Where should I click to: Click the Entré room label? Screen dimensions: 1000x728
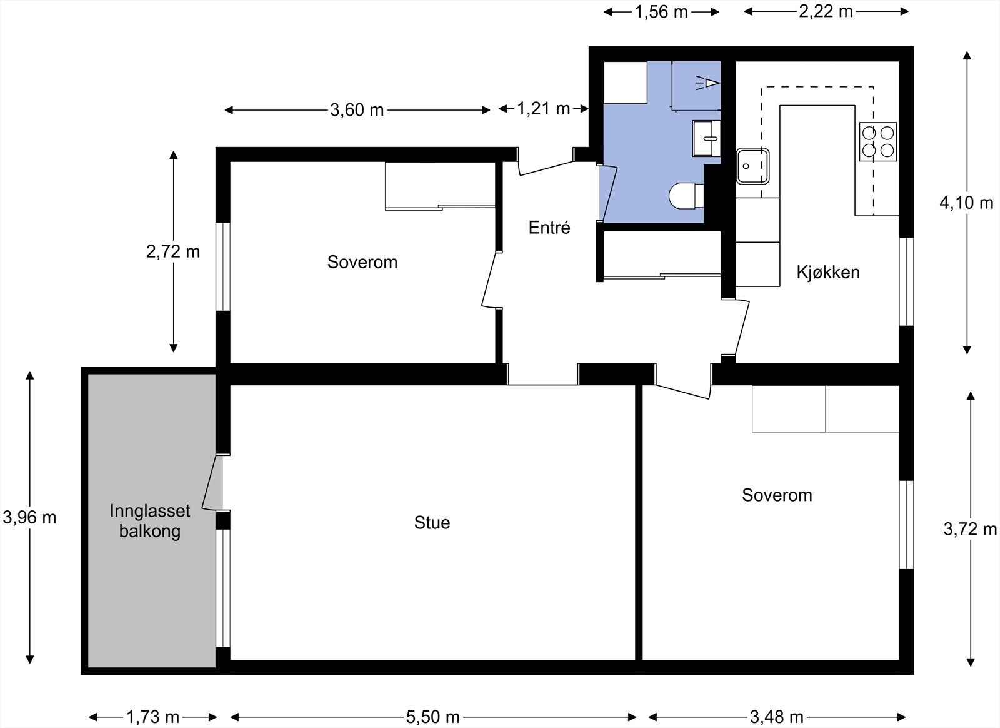(549, 228)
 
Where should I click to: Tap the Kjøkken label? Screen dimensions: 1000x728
(828, 273)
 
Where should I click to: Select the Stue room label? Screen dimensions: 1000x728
(432, 523)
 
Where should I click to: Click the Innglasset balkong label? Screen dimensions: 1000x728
(150, 521)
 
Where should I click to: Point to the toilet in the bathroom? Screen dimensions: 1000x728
(687, 196)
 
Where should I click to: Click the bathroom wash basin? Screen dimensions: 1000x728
(706, 138)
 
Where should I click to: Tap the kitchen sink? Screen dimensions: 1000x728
(752, 166)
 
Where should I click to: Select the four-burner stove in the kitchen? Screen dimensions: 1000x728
(878, 141)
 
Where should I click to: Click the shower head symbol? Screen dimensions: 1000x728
(707, 83)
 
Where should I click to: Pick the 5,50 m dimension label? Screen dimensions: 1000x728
(433, 717)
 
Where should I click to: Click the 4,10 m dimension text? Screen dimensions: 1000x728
(966, 203)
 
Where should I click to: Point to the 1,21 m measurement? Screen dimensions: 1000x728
(543, 109)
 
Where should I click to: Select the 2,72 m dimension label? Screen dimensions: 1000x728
(173, 252)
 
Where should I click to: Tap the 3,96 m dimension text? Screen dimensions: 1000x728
(29, 518)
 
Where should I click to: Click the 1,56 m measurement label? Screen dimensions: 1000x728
(661, 12)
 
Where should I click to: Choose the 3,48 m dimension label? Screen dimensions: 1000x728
(777, 717)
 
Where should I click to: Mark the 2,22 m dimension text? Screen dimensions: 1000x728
(826, 12)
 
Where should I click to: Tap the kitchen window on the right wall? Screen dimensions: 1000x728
(906, 282)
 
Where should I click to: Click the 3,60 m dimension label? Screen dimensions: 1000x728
(357, 110)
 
